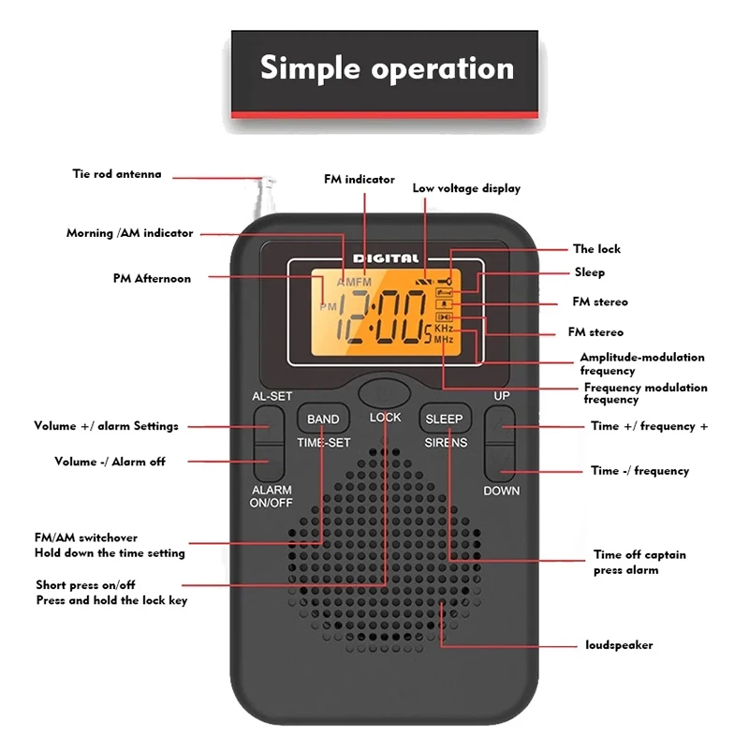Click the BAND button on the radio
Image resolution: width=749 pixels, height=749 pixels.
[323, 419]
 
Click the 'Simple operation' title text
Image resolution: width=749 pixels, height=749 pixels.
[387, 68]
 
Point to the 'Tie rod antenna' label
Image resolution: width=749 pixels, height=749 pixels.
[117, 174]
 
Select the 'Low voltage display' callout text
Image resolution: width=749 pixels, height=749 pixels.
[466, 188]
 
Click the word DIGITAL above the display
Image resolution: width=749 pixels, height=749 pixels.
[386, 258]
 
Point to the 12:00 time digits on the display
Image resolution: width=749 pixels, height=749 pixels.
[380, 317]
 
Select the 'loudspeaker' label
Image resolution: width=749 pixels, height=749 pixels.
[619, 645]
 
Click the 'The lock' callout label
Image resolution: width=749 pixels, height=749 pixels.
[596, 249]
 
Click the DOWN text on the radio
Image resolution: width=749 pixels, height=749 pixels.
[501, 491]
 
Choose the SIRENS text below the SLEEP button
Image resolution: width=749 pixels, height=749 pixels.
[445, 442]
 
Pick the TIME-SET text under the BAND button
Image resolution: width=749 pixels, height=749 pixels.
[323, 442]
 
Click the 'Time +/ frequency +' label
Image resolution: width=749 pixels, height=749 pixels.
[649, 426]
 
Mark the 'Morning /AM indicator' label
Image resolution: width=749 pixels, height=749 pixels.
[129, 233]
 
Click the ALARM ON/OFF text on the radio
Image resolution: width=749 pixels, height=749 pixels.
[272, 495]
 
